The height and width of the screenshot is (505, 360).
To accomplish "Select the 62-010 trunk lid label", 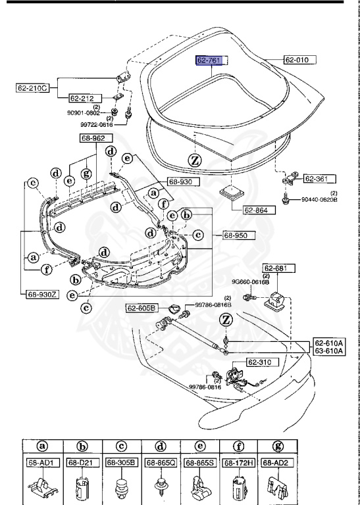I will pos(300,60).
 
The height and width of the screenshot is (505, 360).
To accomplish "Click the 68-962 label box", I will pos(97,138).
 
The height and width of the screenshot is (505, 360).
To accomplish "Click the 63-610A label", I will pos(329,352).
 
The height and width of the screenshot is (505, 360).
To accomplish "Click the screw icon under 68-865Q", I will pos(160,487).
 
